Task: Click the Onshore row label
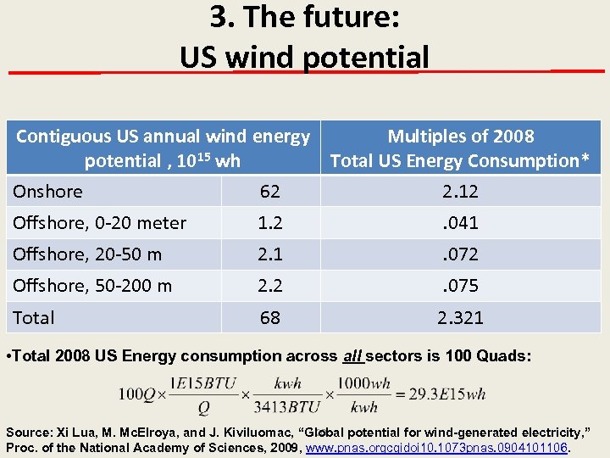(48, 192)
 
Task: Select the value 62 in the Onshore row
(270, 192)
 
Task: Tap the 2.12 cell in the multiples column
(461, 192)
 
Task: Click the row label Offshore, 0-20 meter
(100, 223)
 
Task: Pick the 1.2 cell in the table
(270, 223)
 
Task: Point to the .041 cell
(461, 223)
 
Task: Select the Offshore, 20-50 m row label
(88, 254)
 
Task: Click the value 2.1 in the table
(270, 254)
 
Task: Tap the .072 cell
(461, 254)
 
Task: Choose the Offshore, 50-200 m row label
(92, 286)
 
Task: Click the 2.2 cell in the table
(270, 286)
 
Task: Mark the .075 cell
(461, 286)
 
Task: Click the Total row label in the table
(34, 318)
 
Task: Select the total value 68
(270, 318)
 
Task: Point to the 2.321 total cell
(461, 318)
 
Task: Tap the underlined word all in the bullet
(352, 356)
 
